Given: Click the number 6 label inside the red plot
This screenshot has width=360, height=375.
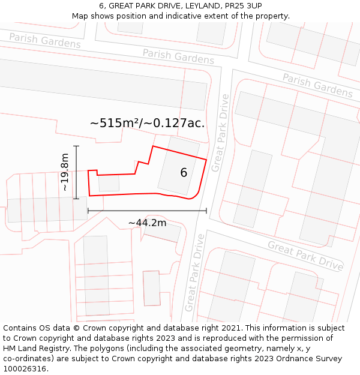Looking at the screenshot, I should coord(184,173).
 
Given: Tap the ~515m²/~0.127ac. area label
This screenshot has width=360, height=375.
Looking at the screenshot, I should coord(147,123).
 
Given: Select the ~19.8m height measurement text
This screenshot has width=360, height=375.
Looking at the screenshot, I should coord(65,172).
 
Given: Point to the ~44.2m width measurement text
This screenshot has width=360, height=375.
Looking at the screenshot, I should coord(147,223).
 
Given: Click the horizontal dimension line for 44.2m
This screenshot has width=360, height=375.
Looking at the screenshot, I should coord(147,211).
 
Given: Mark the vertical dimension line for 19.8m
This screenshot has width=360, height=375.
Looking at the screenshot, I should coord(76,172).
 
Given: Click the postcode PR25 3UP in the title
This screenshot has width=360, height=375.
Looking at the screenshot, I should coord(241,6).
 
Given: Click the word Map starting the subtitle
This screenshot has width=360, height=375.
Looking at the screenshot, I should coord(80,16).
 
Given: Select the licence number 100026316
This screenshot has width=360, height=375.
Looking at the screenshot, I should coord(25,369).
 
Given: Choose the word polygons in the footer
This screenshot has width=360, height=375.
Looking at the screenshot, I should coord(112,349).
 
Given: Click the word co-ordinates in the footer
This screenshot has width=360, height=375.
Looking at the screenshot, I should coord(28,359).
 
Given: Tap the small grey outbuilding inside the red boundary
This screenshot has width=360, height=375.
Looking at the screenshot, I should coord(109,182).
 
